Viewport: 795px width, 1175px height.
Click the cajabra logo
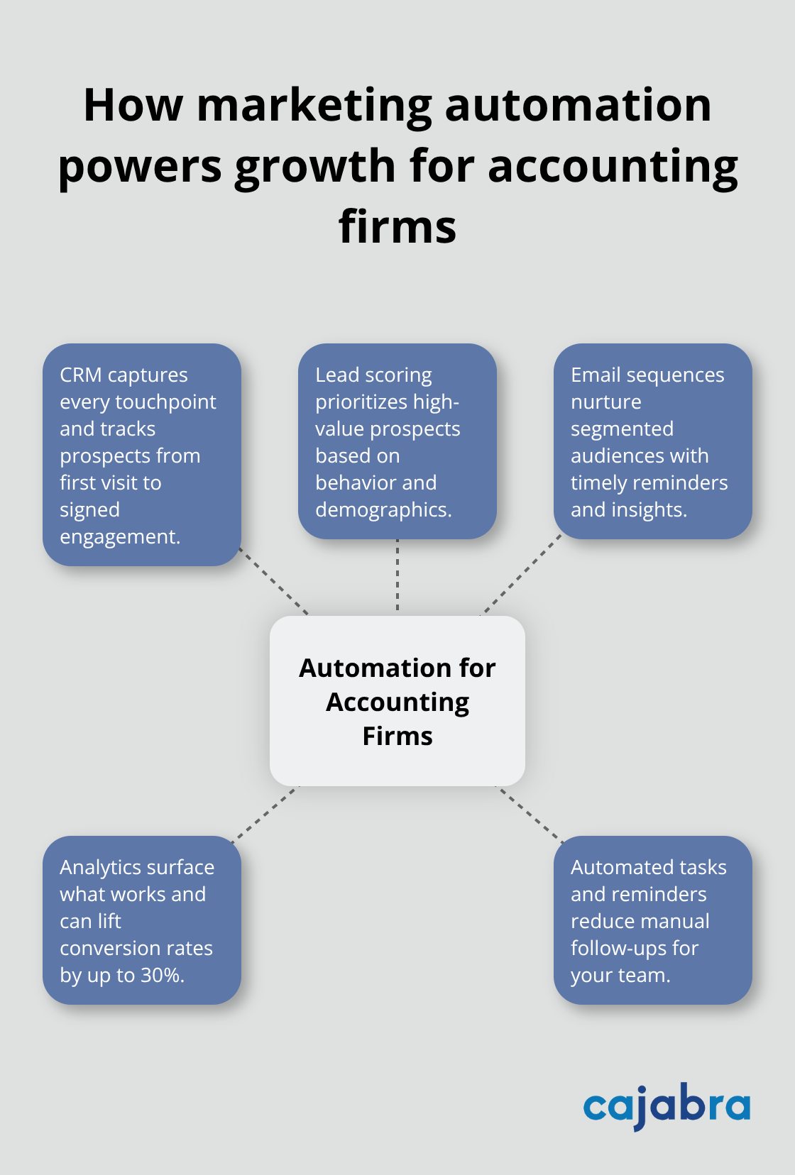tap(667, 1105)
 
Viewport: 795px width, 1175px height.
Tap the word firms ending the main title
tap(397, 227)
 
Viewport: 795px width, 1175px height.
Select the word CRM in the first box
tap(80, 375)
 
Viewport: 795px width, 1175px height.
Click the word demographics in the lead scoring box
tap(383, 510)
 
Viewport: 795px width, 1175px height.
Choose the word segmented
tap(622, 429)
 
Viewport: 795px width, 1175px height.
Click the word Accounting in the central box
tap(397, 702)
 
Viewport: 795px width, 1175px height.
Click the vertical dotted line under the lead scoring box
tap(397, 576)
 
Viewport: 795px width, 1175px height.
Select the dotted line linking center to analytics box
tap(265, 813)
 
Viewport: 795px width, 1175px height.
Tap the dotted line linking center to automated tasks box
tap(530, 813)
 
